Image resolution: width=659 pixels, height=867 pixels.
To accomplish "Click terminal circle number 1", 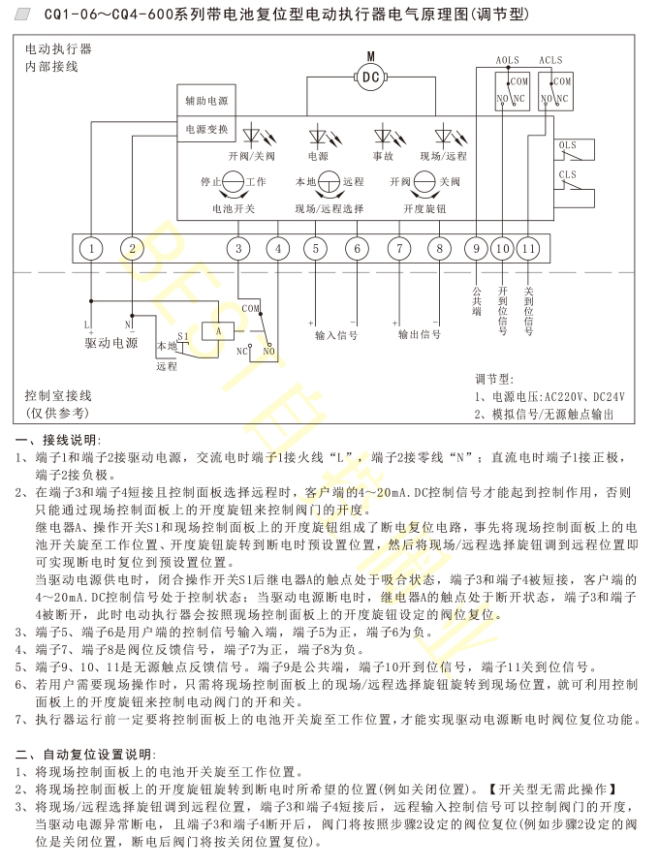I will click(x=90, y=249).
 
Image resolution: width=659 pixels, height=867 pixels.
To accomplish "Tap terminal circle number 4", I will click(x=278, y=249).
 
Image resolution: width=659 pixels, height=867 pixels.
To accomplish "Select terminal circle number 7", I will click(x=399, y=249).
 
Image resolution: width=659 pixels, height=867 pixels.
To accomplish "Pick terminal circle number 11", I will click(x=527, y=249).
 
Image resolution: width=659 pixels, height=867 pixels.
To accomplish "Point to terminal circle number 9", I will click(x=475, y=249).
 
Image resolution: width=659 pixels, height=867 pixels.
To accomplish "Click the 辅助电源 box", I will click(x=206, y=101).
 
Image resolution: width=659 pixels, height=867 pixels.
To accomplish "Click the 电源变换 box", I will click(x=206, y=129).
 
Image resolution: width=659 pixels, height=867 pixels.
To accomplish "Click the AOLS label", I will click(x=507, y=60).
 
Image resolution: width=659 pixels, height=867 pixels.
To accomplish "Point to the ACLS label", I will click(x=550, y=60).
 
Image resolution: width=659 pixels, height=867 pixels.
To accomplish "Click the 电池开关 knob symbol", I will click(x=234, y=181).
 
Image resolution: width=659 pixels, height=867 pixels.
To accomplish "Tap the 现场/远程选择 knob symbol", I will click(x=329, y=181).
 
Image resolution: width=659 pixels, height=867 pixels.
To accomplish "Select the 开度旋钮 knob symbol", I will click(x=424, y=181).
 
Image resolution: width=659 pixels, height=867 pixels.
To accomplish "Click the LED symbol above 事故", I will click(x=383, y=136).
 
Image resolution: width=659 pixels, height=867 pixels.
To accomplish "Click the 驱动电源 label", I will click(x=111, y=342).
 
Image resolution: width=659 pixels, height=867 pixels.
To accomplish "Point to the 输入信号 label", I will click(x=336, y=334).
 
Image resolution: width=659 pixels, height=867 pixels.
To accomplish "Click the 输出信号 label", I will click(x=420, y=334).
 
